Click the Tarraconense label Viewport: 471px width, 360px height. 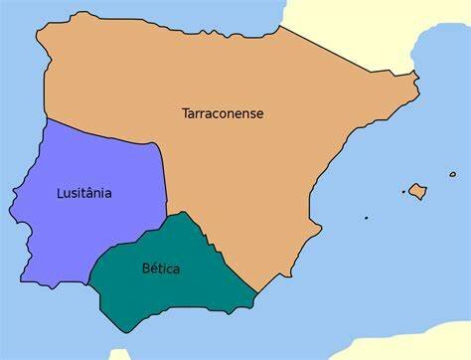223,113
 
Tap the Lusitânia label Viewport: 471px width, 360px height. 83,193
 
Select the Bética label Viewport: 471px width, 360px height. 161,269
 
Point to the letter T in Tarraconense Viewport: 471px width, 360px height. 186,113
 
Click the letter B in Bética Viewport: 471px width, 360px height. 145,269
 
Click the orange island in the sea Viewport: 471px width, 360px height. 417,190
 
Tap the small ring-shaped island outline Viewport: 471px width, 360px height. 452,175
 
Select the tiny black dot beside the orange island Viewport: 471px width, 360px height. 403,192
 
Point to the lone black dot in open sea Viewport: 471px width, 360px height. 366,218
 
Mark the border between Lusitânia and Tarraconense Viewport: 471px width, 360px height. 119,135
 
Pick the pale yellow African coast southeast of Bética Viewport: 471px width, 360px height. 397,343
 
